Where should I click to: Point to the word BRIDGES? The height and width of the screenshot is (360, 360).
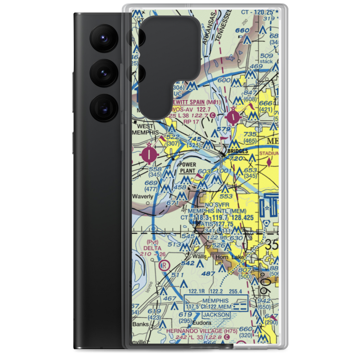pyautogui.click(x=237, y=152)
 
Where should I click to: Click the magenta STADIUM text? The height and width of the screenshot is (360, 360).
pyautogui.click(x=269, y=154)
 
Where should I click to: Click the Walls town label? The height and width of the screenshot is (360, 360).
pyautogui.click(x=199, y=256)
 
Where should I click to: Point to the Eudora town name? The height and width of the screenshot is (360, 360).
pyautogui.click(x=201, y=323)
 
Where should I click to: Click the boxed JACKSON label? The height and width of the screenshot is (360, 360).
pyautogui.click(x=216, y=315)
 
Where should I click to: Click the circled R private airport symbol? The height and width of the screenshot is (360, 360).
pyautogui.click(x=164, y=266)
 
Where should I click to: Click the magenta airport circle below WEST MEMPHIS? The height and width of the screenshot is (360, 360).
pyautogui.click(x=149, y=155)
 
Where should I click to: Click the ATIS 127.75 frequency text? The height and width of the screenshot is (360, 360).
pyautogui.click(x=217, y=224)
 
